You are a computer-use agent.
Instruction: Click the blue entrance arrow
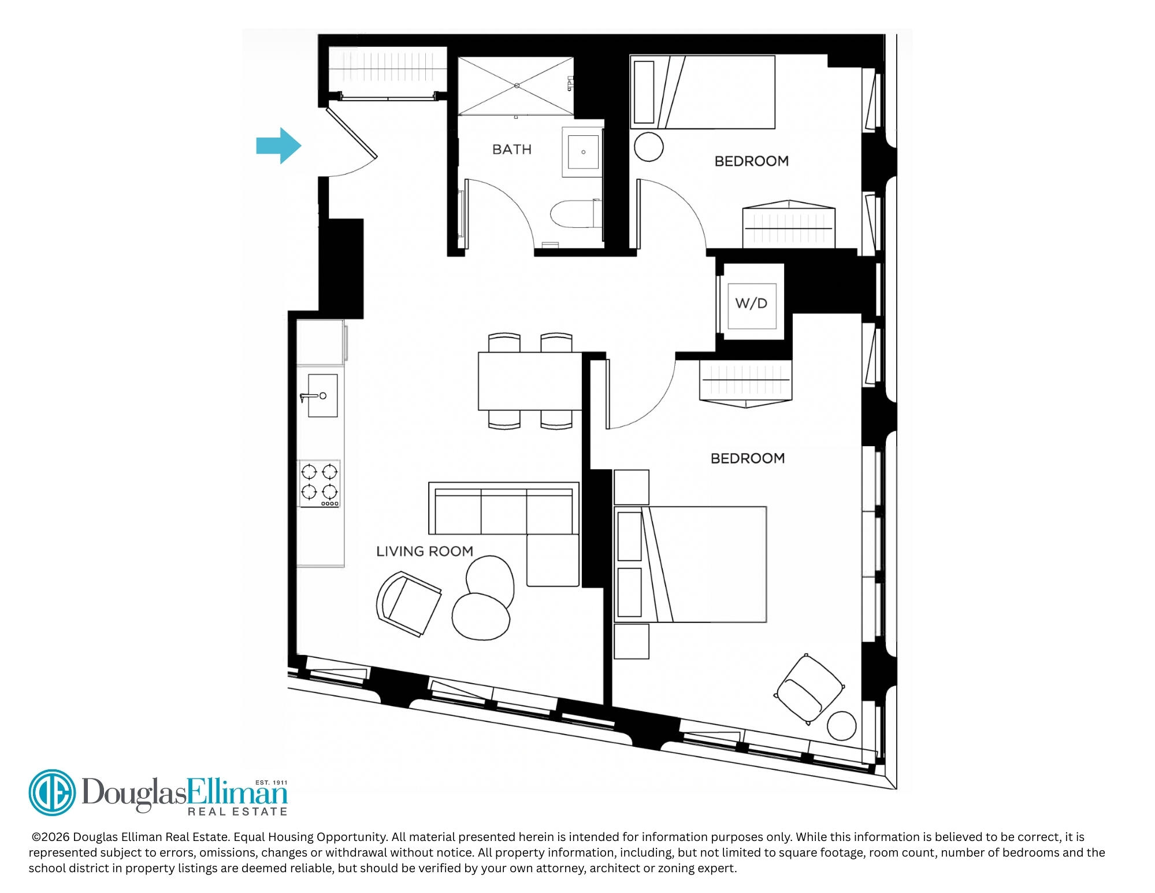(x=279, y=146)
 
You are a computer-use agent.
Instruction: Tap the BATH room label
(x=512, y=149)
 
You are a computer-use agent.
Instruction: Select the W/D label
(x=751, y=303)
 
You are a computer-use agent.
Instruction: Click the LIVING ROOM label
(x=425, y=551)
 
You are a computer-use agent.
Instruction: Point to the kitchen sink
(x=322, y=395)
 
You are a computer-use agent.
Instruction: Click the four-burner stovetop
(x=319, y=484)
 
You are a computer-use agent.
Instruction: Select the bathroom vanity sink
(x=583, y=152)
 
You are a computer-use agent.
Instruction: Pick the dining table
(x=530, y=381)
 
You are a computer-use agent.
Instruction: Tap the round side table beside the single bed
(x=648, y=147)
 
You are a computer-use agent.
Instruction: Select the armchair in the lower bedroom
(x=809, y=688)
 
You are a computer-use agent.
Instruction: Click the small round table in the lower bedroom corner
(x=841, y=726)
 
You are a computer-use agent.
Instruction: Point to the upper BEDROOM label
(x=751, y=161)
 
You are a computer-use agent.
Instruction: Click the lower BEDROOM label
(x=748, y=458)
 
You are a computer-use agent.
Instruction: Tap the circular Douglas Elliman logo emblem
(x=52, y=792)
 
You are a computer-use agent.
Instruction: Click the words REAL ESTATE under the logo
(x=237, y=812)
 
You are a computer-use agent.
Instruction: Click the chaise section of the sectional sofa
(x=552, y=560)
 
